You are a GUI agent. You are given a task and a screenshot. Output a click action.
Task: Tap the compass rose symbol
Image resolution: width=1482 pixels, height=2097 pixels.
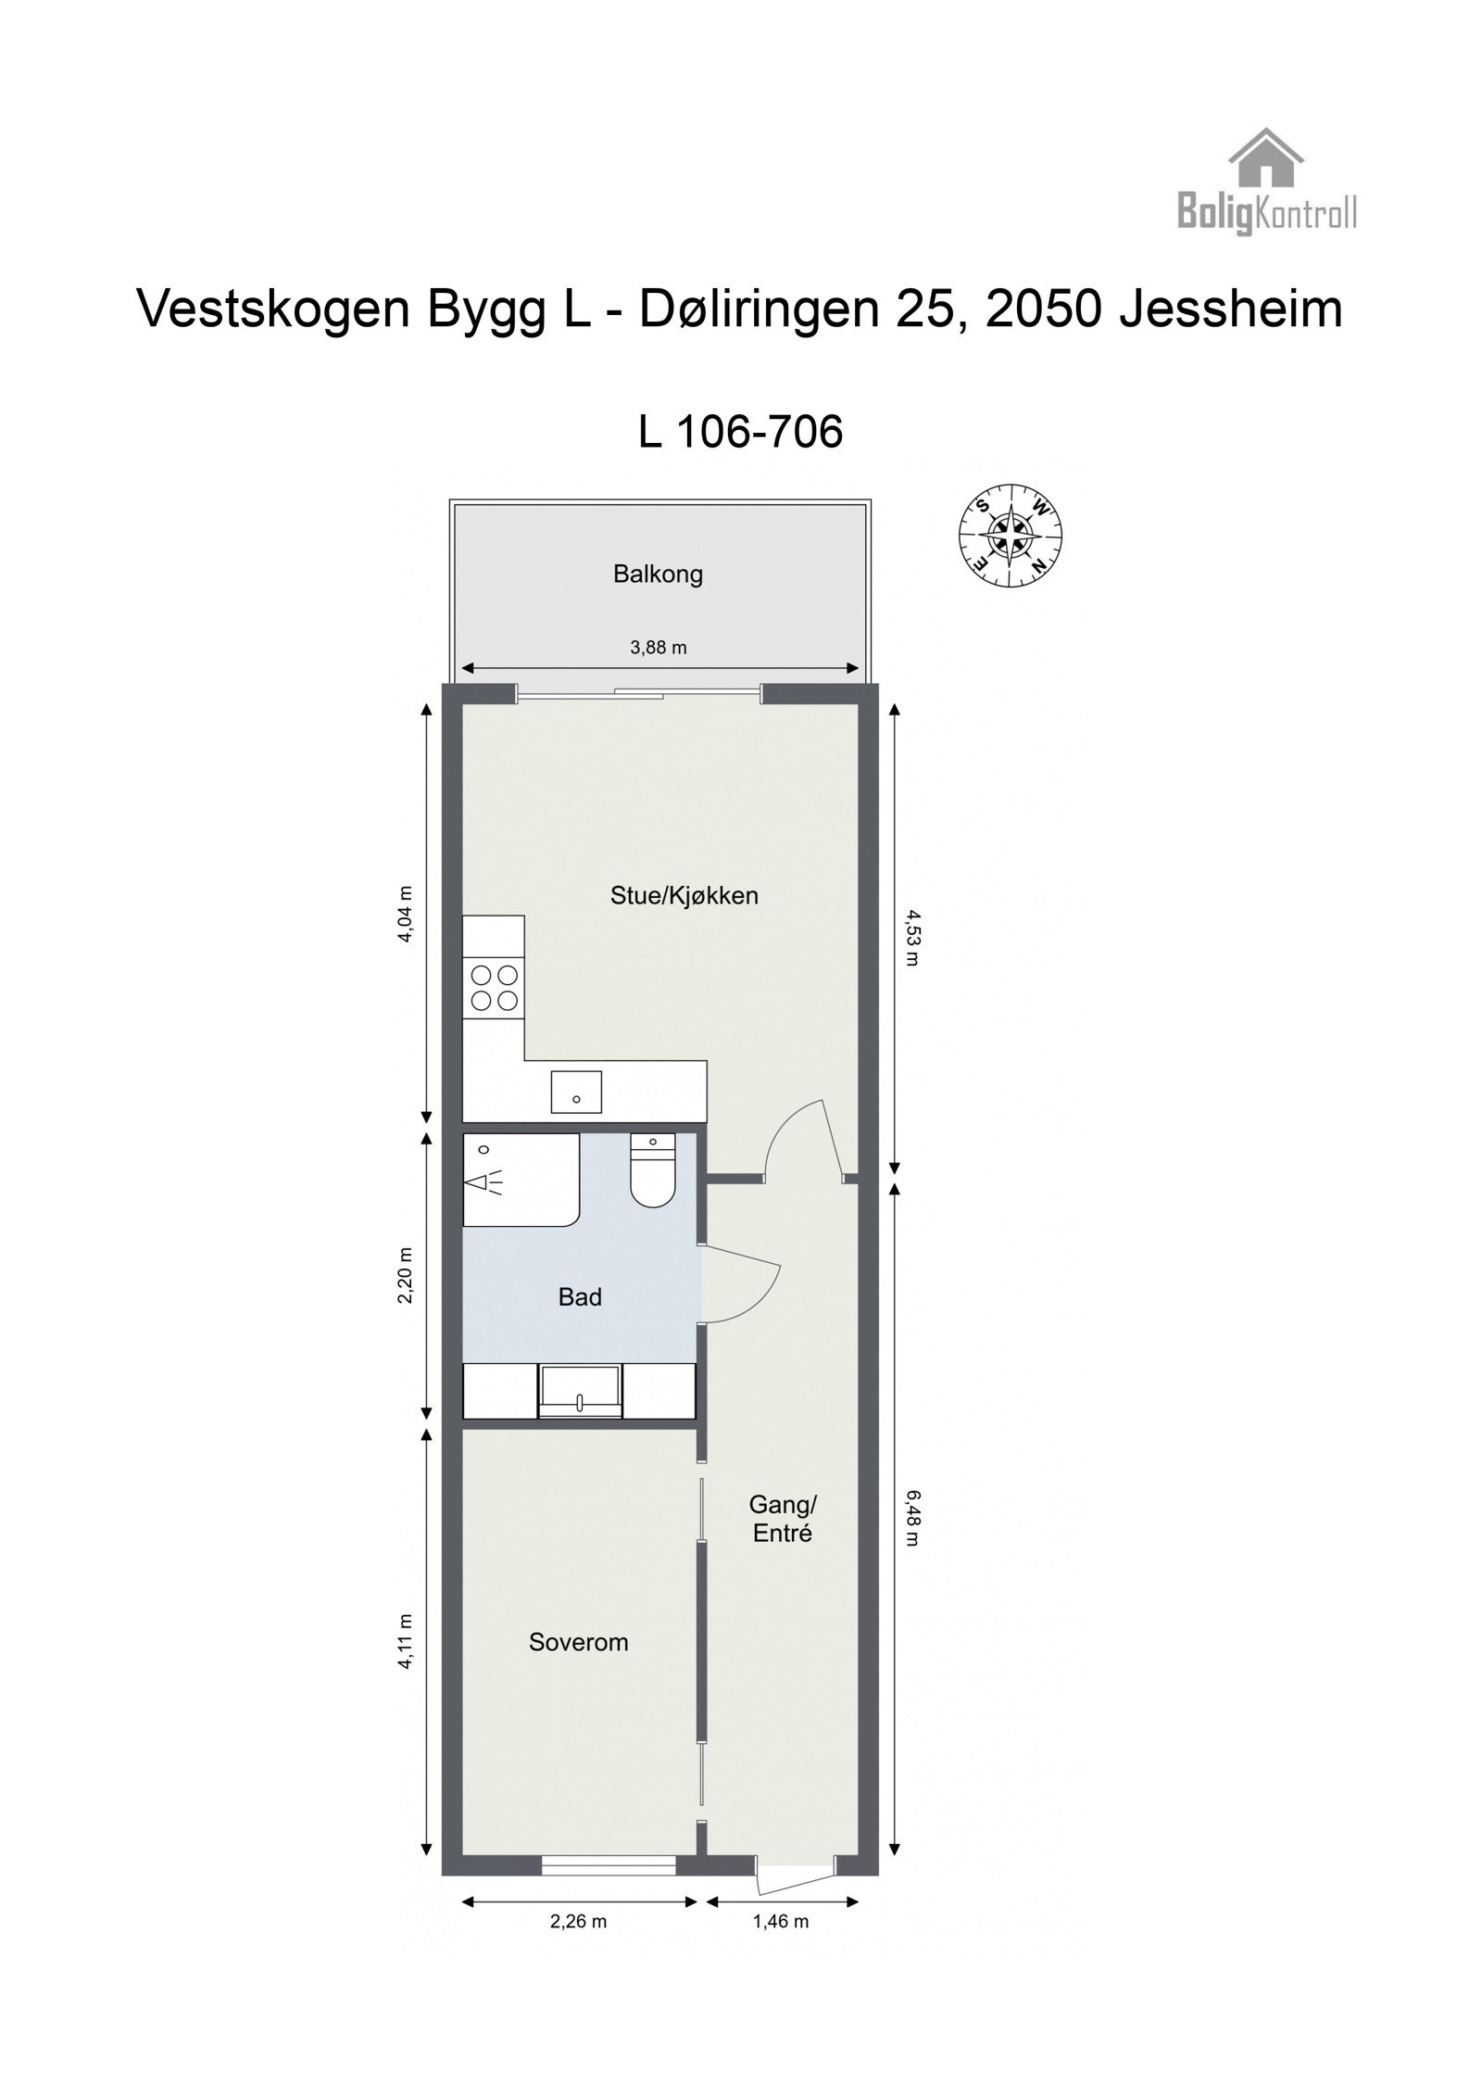(x=1010, y=536)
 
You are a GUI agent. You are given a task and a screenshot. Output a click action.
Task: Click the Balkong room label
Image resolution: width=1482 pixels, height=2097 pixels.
(x=658, y=575)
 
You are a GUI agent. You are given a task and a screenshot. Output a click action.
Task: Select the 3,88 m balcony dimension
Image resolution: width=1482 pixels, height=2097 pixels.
(x=659, y=648)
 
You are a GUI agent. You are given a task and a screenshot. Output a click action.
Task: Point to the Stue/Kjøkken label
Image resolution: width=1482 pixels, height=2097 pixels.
(x=684, y=895)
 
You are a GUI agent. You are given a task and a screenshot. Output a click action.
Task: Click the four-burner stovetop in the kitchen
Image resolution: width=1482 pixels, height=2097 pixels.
(x=494, y=987)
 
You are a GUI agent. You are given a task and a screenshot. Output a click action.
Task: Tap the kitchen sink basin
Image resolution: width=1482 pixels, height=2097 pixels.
(x=576, y=1091)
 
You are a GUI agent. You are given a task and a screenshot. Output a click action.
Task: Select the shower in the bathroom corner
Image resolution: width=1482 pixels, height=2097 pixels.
(x=519, y=1180)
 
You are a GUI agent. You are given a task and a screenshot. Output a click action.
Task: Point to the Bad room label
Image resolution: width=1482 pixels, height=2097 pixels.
(x=580, y=1297)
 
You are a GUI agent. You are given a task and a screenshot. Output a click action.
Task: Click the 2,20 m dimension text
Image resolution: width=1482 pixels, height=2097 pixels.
(x=405, y=1277)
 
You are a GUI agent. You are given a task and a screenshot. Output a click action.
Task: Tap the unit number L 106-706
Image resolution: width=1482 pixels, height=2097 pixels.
(x=741, y=431)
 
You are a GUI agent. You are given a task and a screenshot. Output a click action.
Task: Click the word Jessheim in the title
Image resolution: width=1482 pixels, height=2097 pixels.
(x=1231, y=309)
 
